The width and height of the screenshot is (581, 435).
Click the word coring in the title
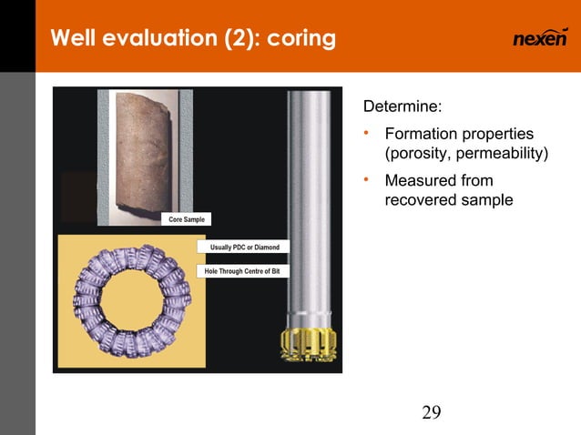pos(301,40)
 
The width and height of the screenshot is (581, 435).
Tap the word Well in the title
pos(74,39)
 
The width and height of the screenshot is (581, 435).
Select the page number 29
pos(432,413)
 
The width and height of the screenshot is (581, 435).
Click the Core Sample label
pos(187,219)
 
